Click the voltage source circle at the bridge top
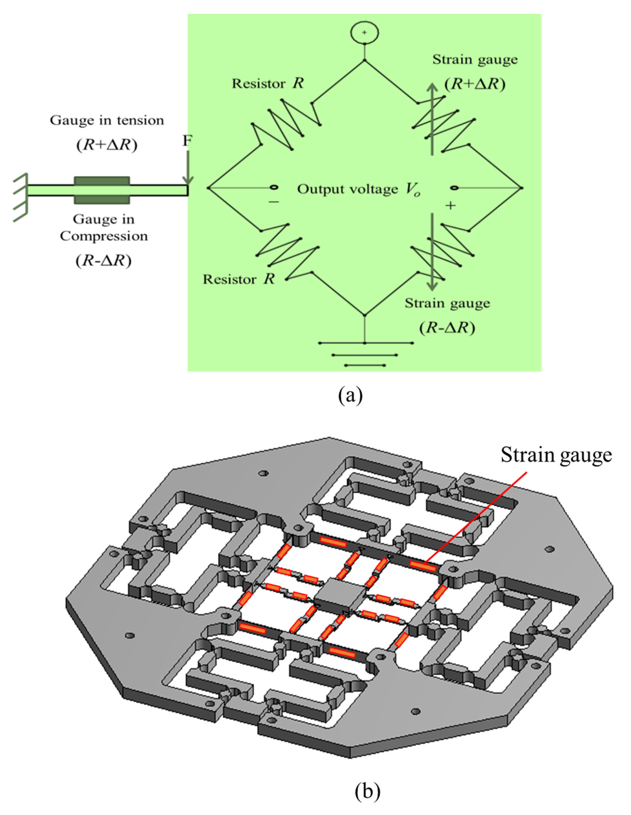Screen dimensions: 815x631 pos(364,33)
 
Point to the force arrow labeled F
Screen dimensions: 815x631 pos(188,168)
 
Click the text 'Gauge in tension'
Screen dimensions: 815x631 pos(107,121)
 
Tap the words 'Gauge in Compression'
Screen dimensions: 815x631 pos(104,228)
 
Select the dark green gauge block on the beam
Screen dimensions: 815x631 pos(102,190)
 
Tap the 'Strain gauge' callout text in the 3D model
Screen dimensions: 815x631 pos(556,455)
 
